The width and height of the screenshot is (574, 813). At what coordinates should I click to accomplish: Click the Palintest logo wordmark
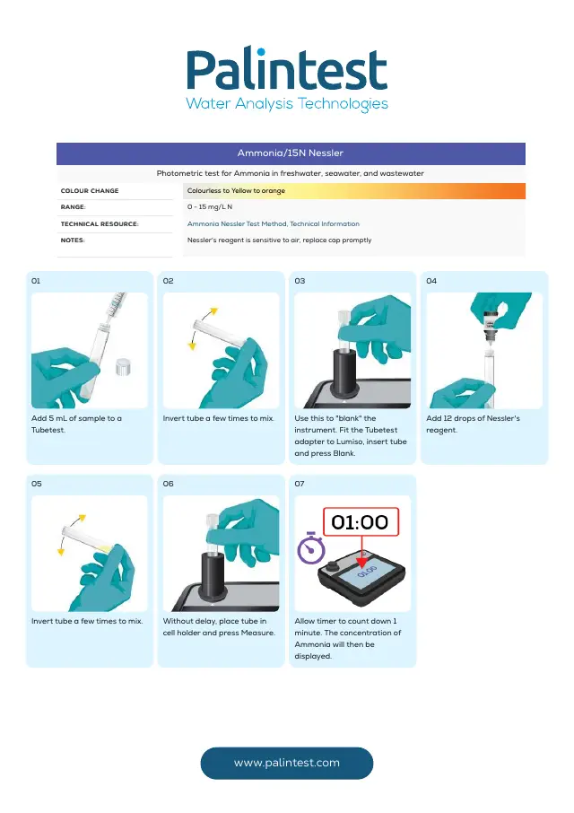coord(286,69)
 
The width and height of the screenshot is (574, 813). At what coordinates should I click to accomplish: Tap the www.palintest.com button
coord(286,763)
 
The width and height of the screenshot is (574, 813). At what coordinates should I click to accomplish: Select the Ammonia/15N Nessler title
coord(290,153)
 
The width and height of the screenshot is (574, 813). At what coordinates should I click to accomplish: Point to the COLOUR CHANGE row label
coord(90,191)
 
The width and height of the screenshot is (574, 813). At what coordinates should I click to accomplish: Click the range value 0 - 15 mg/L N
coord(210,207)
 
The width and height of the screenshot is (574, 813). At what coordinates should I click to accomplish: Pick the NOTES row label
coord(73,240)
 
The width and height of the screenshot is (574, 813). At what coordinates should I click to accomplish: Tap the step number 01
coord(36,281)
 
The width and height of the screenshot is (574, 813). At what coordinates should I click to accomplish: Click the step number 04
coord(431,281)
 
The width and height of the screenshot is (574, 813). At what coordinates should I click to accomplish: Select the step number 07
coord(300,484)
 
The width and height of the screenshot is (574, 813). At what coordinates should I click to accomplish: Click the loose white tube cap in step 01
coord(123,367)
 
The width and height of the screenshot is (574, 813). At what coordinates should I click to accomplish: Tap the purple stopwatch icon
coord(311,548)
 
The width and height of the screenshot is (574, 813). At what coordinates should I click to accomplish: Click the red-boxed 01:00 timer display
coord(361,521)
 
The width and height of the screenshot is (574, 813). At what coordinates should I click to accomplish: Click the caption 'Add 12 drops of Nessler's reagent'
coord(473,424)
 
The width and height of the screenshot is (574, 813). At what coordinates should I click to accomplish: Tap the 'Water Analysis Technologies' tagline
coord(287,104)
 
